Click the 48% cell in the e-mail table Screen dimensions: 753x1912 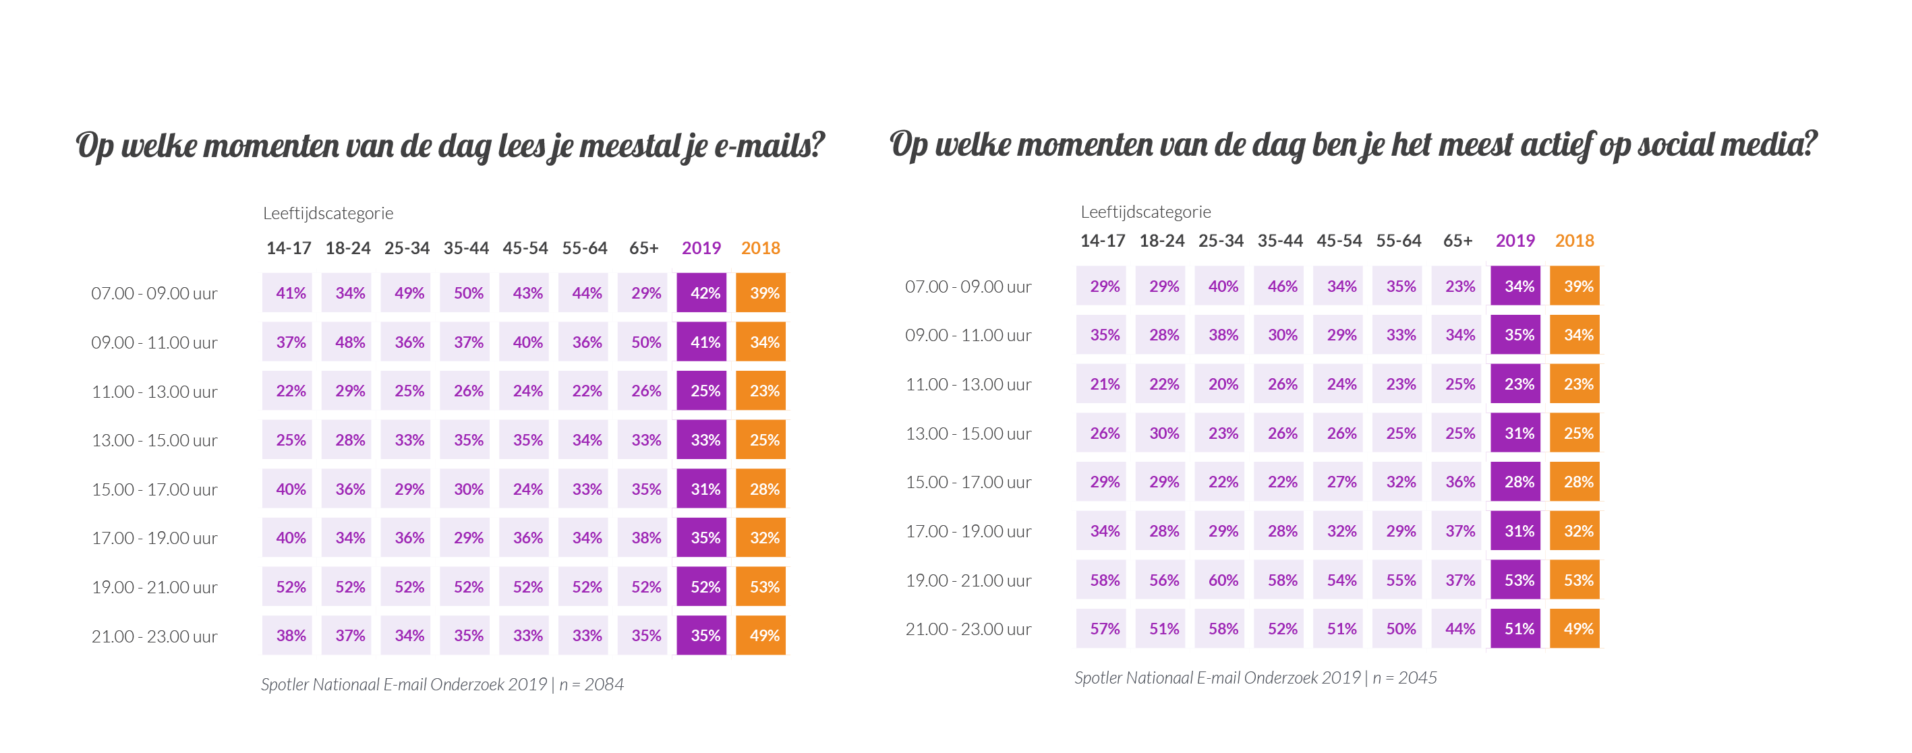(349, 342)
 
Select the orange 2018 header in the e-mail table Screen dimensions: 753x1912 (760, 248)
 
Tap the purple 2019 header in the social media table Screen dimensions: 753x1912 (1515, 241)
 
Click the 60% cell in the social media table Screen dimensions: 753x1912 (1223, 580)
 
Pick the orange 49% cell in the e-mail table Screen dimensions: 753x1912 (763, 636)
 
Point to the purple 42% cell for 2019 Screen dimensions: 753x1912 (703, 293)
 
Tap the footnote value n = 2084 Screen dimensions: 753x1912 (591, 684)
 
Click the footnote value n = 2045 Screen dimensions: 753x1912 (1404, 677)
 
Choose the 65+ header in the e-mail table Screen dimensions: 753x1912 (643, 248)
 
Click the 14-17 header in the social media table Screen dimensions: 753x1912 (1102, 241)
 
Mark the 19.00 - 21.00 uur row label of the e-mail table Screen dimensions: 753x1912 (154, 586)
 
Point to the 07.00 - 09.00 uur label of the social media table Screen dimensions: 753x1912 (968, 287)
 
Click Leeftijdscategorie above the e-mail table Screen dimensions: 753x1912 (328, 213)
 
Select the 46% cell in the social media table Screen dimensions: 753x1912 (1282, 287)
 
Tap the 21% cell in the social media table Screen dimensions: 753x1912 (1104, 384)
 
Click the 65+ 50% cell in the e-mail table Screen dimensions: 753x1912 (645, 342)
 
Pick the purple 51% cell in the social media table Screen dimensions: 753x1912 (1518, 629)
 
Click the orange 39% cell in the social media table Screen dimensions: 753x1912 (1577, 287)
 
